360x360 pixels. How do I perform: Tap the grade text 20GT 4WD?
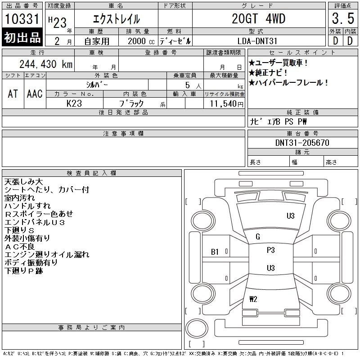(x=258, y=19)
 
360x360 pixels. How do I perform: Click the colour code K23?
(x=74, y=103)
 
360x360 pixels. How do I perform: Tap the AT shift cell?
(x=13, y=94)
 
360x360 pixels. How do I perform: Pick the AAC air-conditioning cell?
(x=35, y=94)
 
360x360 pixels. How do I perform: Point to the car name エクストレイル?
(x=116, y=19)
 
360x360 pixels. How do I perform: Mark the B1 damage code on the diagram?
(x=215, y=252)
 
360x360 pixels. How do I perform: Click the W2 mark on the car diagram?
(x=253, y=299)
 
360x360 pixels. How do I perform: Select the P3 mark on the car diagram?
(x=270, y=250)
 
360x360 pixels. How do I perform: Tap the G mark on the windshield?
(x=258, y=237)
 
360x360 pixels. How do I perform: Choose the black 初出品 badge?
(x=22, y=38)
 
